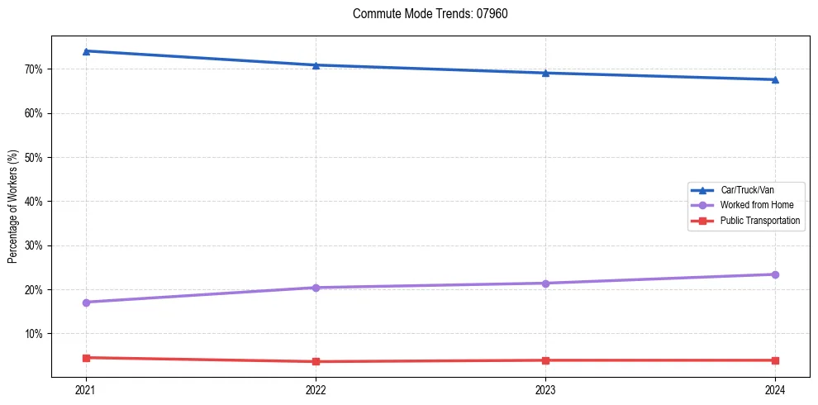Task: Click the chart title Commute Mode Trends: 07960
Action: (x=424, y=14)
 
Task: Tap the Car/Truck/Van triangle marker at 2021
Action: (x=86, y=51)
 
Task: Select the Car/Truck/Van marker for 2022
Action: (x=316, y=65)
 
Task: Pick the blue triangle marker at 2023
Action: (x=545, y=73)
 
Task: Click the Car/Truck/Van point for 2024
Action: (x=775, y=79)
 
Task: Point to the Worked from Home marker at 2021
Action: (x=86, y=303)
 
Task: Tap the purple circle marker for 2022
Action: (x=316, y=288)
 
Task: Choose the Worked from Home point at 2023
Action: (x=545, y=283)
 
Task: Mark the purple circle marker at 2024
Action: (x=775, y=274)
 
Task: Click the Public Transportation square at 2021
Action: (x=86, y=358)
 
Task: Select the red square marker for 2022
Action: (x=316, y=361)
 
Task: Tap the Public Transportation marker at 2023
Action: (x=545, y=360)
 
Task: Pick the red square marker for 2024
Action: (x=775, y=360)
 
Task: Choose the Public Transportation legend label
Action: (x=759, y=221)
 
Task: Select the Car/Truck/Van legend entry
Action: (x=747, y=190)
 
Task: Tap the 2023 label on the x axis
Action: (x=545, y=389)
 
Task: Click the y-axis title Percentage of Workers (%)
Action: (x=13, y=207)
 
